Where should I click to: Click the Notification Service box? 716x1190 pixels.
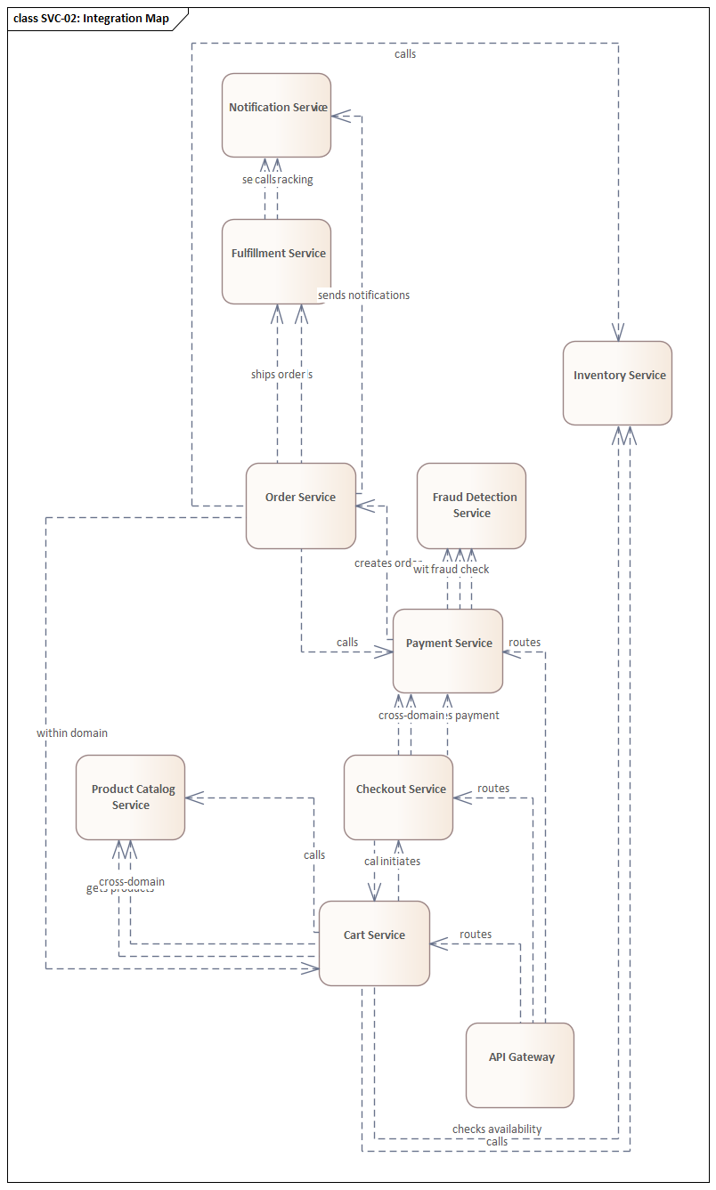[276, 116]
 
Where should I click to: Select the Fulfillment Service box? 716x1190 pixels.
[276, 262]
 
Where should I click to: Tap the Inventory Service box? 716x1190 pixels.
[617, 383]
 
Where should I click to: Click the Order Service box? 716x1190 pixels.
[300, 506]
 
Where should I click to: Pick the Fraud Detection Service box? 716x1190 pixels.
[471, 506]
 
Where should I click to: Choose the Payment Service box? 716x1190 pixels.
[448, 651]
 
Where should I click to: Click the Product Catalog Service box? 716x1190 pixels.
[130, 797]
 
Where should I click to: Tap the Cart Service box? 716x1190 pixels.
[374, 943]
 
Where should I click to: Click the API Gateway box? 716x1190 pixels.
[520, 1065]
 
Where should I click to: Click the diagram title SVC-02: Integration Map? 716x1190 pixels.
[91, 19]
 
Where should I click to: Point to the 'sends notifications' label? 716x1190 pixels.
[363, 295]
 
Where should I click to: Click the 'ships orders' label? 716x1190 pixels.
[281, 375]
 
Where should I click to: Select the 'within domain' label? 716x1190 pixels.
[72, 733]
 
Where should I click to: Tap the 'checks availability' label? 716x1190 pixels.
[497, 1129]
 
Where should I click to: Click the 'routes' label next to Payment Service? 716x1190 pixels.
[525, 643]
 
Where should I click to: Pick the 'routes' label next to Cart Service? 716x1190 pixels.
[476, 935]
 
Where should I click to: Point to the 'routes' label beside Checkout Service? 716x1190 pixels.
[493, 789]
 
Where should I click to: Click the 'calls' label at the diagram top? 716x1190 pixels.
[405, 54]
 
